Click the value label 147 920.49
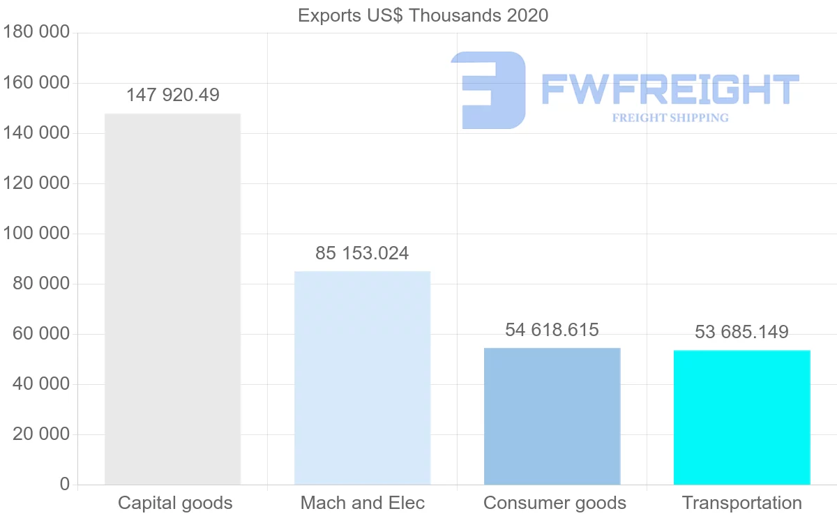pos(172,95)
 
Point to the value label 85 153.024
pos(362,253)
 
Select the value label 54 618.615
pos(552,330)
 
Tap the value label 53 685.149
pos(741,332)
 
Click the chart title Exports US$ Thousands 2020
pos(423,15)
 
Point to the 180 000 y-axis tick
pos(36,33)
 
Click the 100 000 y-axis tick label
pos(36,234)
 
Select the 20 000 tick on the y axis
pos(41,434)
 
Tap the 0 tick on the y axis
pos(65,485)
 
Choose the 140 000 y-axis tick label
pos(36,133)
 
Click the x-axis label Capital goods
pos(175,503)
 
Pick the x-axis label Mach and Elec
pos(362,503)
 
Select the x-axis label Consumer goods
pos(555,503)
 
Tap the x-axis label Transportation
pos(741,503)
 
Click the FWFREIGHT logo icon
pos(488,90)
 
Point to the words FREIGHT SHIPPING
pos(670,118)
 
